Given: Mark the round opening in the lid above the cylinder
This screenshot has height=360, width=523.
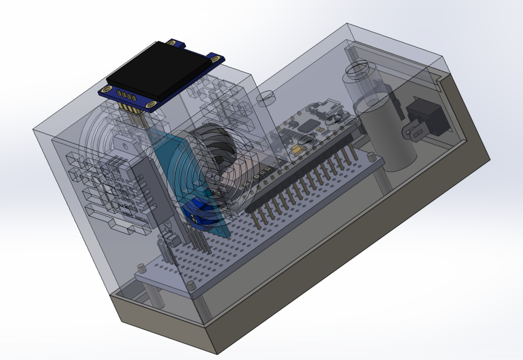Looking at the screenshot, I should tap(355, 71).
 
